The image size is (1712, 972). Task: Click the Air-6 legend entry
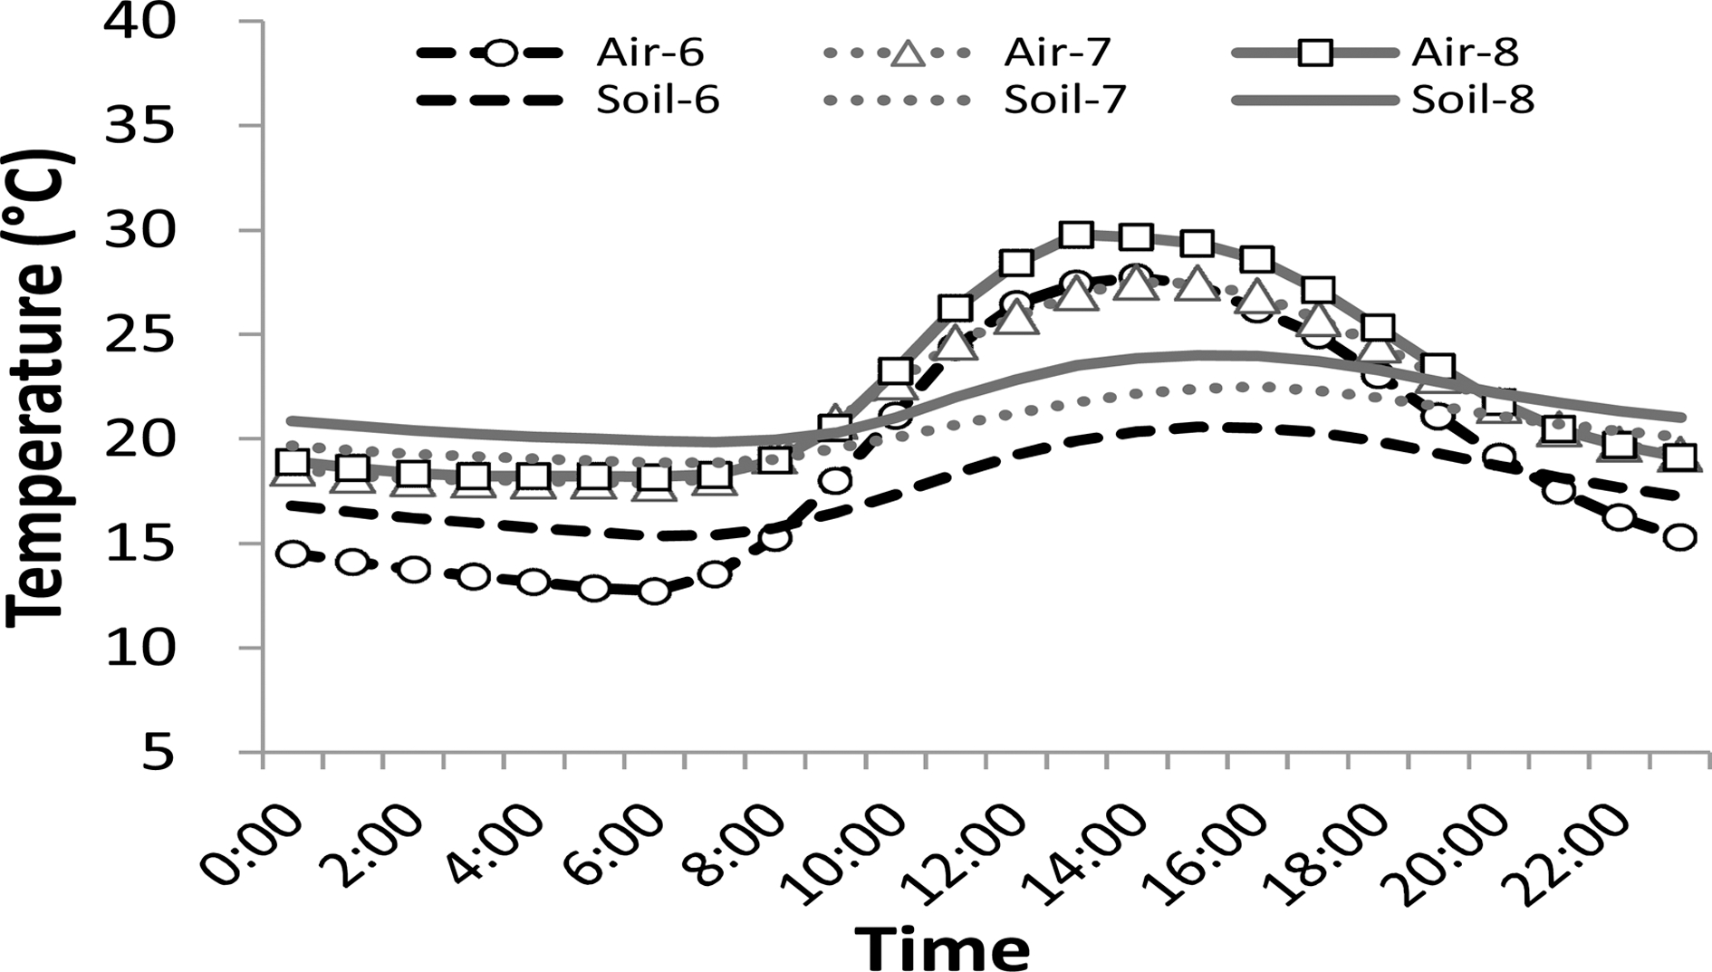tap(649, 53)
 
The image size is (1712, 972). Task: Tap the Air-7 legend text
tap(1057, 53)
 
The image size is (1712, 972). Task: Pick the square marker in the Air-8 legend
tap(1314, 53)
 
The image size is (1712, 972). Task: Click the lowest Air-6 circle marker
tap(654, 592)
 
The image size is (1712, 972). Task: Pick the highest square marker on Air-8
tap(1076, 236)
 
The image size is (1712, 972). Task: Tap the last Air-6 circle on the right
tap(1679, 537)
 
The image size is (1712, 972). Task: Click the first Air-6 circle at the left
tap(293, 553)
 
